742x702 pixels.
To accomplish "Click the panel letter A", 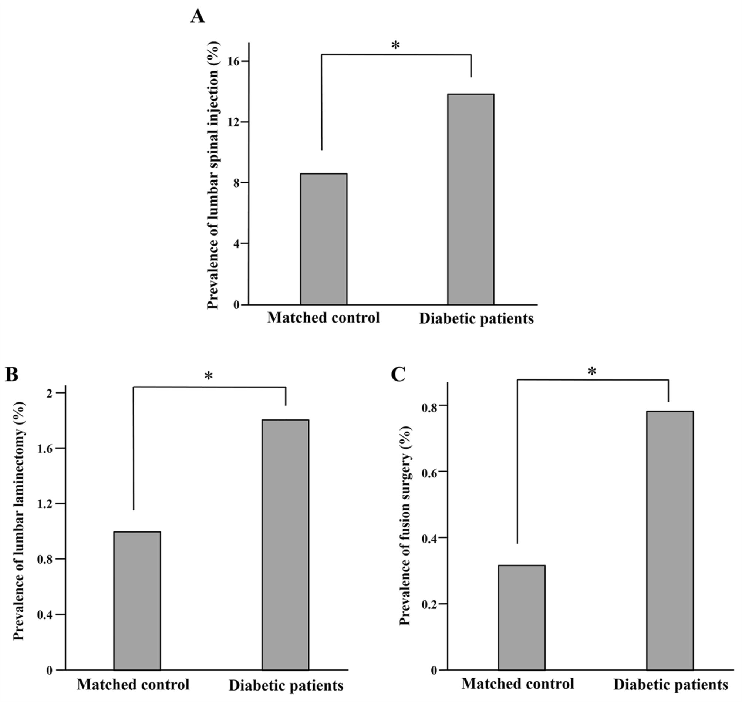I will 197,17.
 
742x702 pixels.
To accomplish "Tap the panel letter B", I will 11,374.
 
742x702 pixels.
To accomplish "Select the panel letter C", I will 398,374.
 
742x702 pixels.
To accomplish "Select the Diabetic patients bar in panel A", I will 471,199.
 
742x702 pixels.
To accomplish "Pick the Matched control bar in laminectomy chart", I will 137,601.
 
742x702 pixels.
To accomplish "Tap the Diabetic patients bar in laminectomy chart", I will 285,545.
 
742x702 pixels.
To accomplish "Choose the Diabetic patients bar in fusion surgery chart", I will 670,540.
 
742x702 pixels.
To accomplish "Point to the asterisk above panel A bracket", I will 395,45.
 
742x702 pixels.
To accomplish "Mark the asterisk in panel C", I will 591,372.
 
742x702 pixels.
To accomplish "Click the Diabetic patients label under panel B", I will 286,685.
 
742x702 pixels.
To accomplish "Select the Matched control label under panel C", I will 517,684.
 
